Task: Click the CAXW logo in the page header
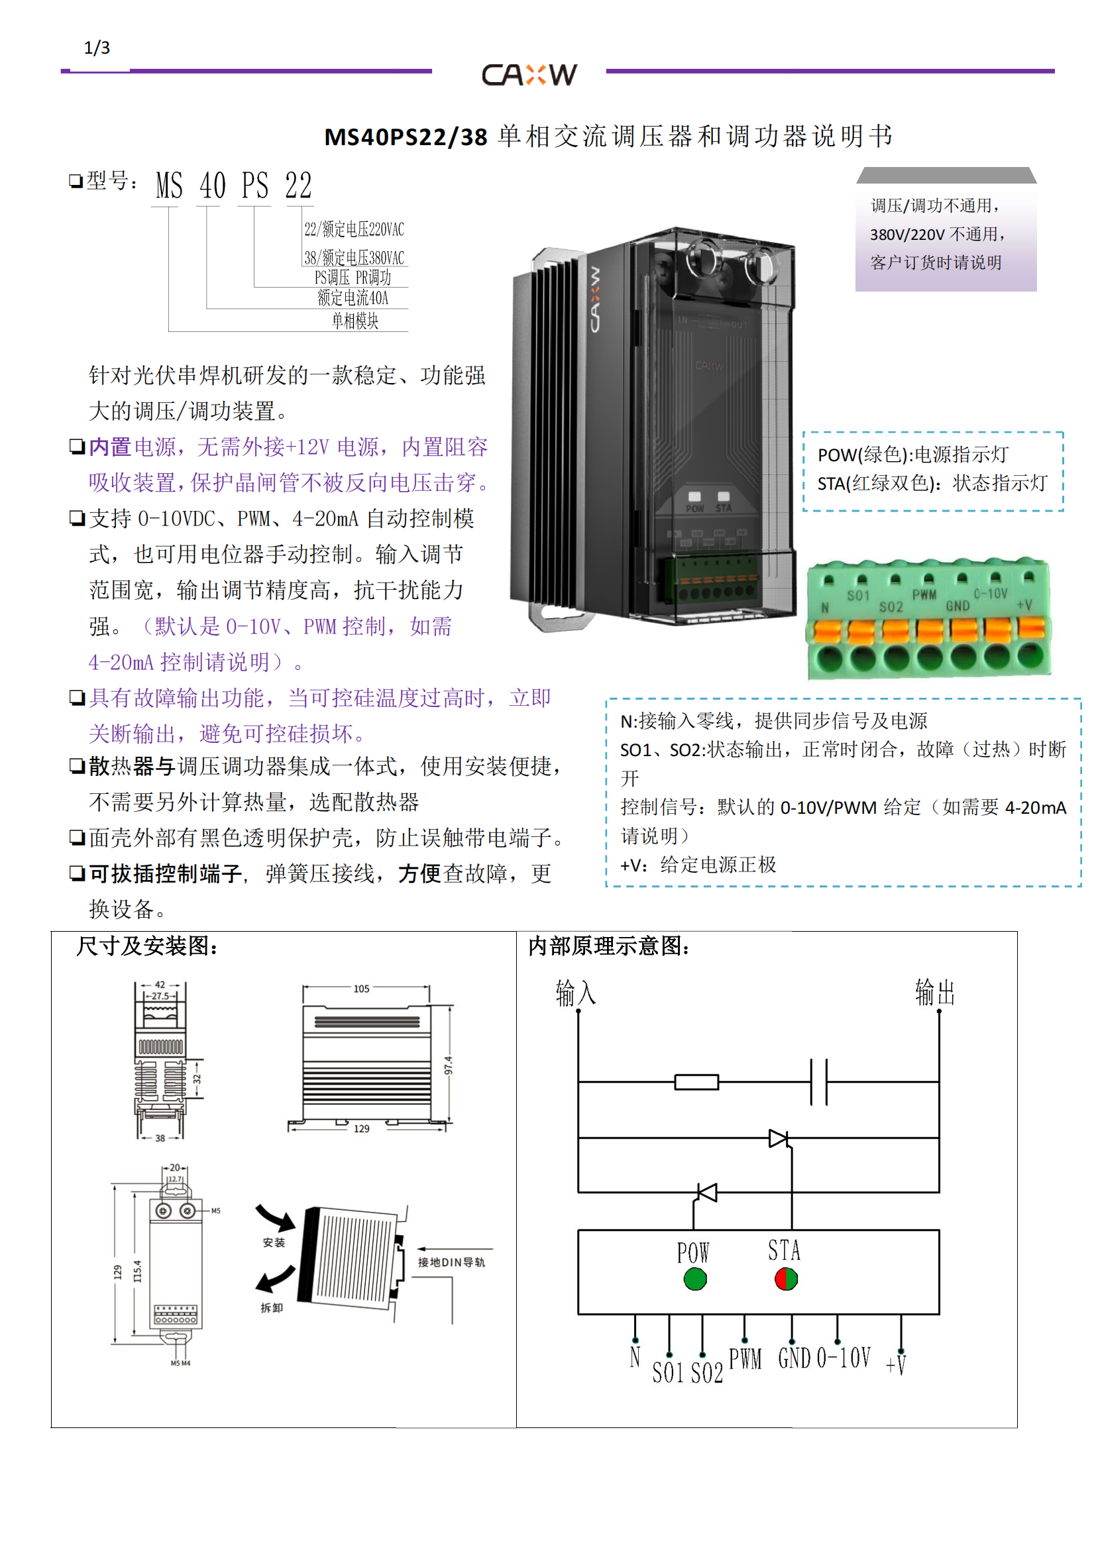pyautogui.click(x=529, y=74)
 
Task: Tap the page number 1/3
pyautogui.click(x=97, y=48)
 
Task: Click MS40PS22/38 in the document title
pyautogui.click(x=406, y=137)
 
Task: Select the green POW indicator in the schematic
pyautogui.click(x=694, y=1278)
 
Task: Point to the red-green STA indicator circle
pyautogui.click(x=786, y=1278)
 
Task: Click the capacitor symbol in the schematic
pyautogui.click(x=818, y=1082)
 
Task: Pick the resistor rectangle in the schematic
pyautogui.click(x=696, y=1082)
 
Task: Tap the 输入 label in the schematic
pyautogui.click(x=576, y=993)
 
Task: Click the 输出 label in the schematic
pyautogui.click(x=935, y=993)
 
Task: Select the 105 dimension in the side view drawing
pyautogui.click(x=362, y=989)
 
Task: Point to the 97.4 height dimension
pyautogui.click(x=449, y=1066)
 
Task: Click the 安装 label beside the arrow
pyautogui.click(x=274, y=1243)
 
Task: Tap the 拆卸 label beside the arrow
pyautogui.click(x=272, y=1308)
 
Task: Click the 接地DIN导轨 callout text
pyautogui.click(x=451, y=1262)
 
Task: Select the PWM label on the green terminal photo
pyautogui.click(x=924, y=594)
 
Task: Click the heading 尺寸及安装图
pyautogui.click(x=147, y=946)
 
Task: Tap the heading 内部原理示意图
pyautogui.click(x=609, y=946)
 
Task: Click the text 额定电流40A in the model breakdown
pyautogui.click(x=353, y=298)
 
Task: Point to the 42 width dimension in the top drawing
pyautogui.click(x=160, y=984)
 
